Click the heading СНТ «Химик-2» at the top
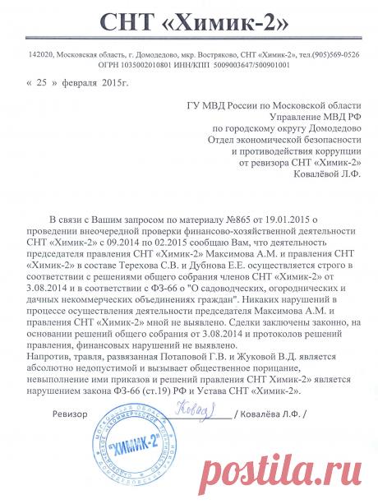tap(188, 21)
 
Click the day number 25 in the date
tap(44, 83)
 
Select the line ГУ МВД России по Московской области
tap(268, 105)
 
